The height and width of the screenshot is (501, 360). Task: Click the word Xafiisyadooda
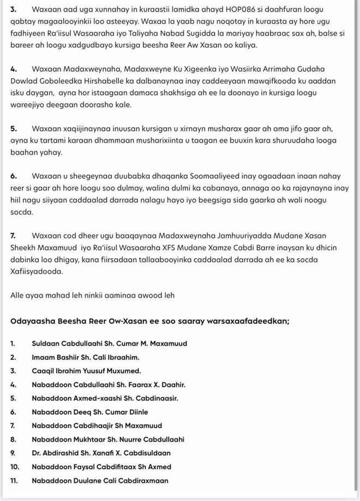[x=37, y=271]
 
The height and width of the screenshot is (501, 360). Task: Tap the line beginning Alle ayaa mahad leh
[x=92, y=295]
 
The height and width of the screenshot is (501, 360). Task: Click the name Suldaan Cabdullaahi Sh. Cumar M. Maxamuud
[x=110, y=344]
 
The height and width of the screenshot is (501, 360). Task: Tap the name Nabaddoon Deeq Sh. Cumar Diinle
[x=90, y=412]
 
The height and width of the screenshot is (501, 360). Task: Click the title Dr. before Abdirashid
[x=37, y=453]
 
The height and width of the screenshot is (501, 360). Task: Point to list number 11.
[x=14, y=481]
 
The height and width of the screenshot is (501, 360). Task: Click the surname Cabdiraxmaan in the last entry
[x=143, y=481]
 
